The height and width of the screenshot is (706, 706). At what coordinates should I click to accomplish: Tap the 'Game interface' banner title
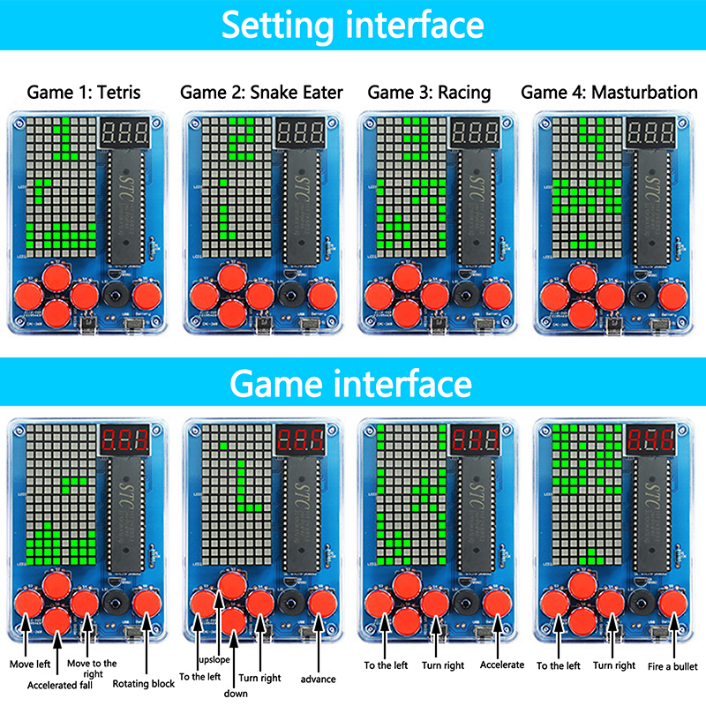tap(352, 385)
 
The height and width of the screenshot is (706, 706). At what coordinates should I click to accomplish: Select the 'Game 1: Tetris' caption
tap(84, 92)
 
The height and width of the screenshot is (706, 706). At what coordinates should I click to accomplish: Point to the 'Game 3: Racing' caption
tap(429, 92)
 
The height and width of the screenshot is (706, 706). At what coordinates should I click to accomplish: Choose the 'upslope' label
tap(214, 660)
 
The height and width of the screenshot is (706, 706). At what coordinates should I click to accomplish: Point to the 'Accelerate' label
tap(502, 665)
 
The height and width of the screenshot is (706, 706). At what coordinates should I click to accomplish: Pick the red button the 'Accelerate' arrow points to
tap(496, 604)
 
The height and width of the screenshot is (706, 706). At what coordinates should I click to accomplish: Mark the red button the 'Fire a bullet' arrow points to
tap(672, 604)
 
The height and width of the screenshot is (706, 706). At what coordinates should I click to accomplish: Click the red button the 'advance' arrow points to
tap(319, 604)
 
